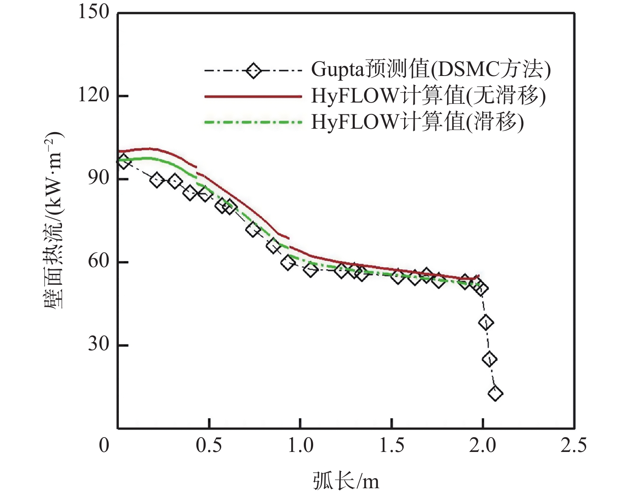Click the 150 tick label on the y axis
94,12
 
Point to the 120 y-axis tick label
94,95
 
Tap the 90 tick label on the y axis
99,178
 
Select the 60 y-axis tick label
99,261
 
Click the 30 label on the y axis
99,344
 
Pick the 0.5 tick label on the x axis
209,446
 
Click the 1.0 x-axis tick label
300,446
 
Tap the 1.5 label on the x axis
392,446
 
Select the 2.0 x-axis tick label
483,446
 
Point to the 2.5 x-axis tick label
574,446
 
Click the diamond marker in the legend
253,70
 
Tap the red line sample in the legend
253,97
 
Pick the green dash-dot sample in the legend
253,122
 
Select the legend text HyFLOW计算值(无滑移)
428,96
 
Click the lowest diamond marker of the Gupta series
495,393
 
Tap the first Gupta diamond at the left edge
123,161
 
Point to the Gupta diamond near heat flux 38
486,323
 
